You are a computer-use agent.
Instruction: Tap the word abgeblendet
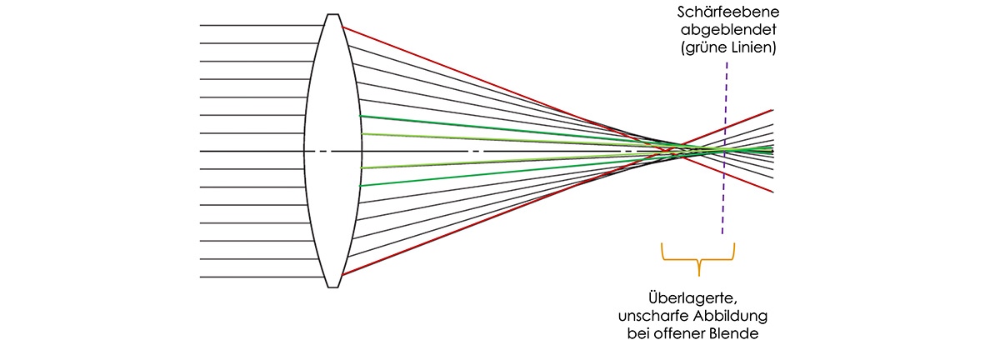[724, 32]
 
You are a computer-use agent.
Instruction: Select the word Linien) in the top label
[752, 48]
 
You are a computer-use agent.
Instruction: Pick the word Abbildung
[731, 316]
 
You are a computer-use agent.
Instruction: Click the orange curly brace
[698, 258]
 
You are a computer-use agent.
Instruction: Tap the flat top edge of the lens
[332, 14]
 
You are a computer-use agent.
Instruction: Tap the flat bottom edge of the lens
[332, 287]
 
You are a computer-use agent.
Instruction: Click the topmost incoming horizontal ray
[258, 26]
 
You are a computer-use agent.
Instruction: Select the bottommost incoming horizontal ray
[258, 277]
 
